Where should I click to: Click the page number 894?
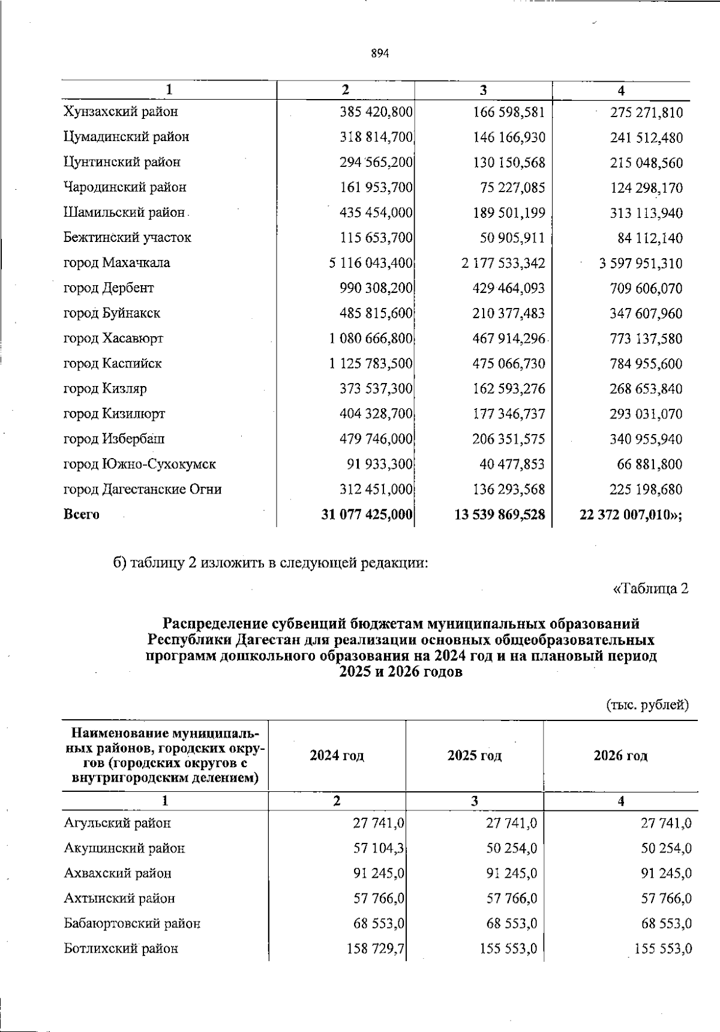tap(380, 53)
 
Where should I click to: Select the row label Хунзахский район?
tap(121, 112)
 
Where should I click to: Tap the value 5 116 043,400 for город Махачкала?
tap(371, 263)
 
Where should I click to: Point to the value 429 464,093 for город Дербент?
tap(509, 288)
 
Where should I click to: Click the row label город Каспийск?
tap(113, 364)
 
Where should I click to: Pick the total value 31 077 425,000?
tap(367, 515)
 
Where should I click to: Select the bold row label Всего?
tap(82, 515)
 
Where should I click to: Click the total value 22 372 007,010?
tap(629, 515)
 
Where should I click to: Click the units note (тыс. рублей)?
tap(647, 705)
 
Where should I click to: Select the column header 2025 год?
tap(474, 756)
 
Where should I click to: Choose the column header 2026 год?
tap(620, 756)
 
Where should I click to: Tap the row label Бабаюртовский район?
tap(132, 924)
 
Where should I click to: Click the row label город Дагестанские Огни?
tap(143, 490)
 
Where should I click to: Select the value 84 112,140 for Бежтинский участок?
tap(650, 238)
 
